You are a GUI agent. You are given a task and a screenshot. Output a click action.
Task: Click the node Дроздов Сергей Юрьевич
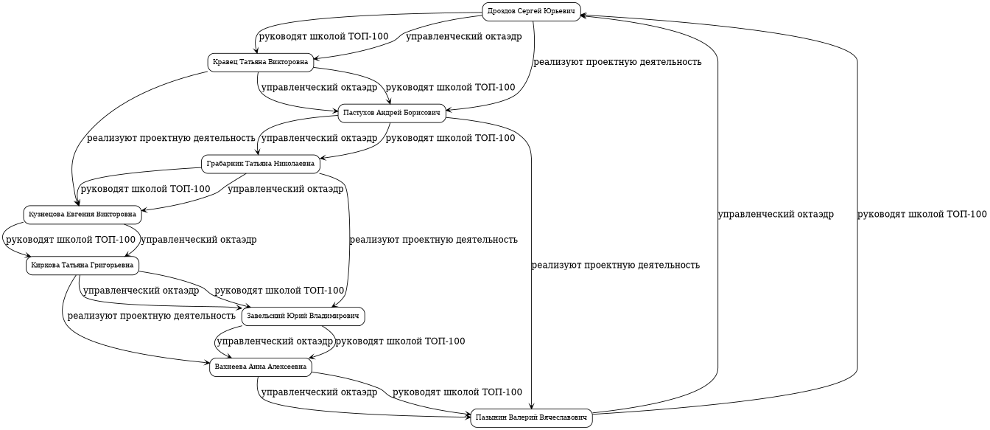point(531,11)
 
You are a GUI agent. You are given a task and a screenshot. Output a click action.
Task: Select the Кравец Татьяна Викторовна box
point(260,62)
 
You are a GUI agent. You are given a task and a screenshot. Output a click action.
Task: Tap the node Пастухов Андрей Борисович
point(391,113)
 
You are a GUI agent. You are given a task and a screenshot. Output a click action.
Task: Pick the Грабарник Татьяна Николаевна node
point(260,164)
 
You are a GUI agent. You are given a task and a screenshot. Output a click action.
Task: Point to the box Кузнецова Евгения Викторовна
point(82,215)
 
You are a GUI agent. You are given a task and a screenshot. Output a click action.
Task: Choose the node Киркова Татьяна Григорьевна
point(82,265)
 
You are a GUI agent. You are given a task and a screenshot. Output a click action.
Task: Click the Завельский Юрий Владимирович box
point(303,316)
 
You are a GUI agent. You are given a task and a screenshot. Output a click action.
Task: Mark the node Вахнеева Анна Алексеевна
point(260,367)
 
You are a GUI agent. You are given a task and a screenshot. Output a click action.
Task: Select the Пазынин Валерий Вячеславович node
point(531,417)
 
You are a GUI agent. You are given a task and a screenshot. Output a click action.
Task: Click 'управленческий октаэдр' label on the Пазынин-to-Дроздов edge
point(776,215)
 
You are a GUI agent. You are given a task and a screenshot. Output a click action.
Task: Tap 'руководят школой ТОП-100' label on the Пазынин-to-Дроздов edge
point(921,215)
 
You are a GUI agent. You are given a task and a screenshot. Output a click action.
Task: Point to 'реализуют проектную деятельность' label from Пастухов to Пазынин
point(615,265)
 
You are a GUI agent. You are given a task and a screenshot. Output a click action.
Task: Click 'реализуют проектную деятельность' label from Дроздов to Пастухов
point(617,62)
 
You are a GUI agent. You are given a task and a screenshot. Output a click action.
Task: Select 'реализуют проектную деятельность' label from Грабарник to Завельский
point(433,240)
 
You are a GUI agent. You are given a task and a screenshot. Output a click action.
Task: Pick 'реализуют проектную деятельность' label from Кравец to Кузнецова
point(171,138)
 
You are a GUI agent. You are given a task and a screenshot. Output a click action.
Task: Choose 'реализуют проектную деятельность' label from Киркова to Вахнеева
point(151,316)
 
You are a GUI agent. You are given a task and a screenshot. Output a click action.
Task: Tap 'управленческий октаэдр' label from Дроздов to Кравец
point(464,36)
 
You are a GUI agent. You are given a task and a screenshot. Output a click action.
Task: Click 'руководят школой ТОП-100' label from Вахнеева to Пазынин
point(457,392)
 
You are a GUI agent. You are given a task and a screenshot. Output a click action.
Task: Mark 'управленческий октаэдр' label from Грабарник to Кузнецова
point(286,189)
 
